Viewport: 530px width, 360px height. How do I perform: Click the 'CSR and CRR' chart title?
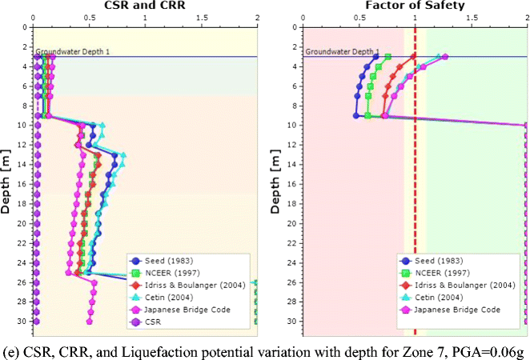click(144, 5)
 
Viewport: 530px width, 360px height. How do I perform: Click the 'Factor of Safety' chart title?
click(416, 5)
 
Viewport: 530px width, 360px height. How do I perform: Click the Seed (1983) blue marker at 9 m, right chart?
click(356, 115)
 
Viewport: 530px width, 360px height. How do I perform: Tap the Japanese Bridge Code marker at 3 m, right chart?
click(445, 57)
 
